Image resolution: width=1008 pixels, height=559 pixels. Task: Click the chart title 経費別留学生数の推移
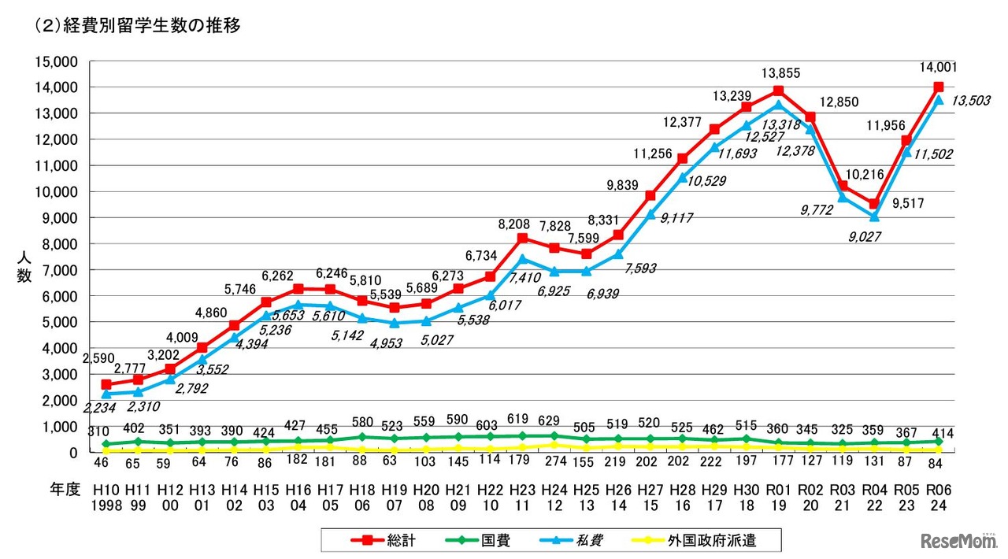pos(138,25)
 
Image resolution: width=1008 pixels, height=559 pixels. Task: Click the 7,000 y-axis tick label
pos(58,270)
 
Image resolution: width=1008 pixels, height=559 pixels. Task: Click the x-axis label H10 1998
pos(106,497)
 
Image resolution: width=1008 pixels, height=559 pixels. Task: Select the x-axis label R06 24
pos(938,497)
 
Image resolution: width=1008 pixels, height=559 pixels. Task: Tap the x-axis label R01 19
pos(778,497)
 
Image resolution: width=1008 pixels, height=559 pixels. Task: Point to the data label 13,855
pos(780,73)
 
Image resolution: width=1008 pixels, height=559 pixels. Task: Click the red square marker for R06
pos(938,87)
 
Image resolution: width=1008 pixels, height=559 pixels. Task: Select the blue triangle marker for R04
pos(874,217)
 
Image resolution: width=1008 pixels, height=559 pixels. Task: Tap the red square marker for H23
pos(522,238)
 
